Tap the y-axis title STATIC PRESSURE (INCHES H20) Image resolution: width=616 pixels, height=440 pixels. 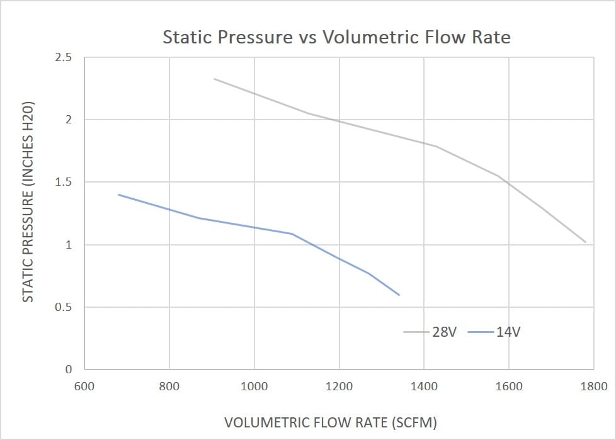[28, 201]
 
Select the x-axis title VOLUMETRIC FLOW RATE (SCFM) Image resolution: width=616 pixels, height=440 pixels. [331, 422]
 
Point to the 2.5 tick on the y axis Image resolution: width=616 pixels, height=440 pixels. [64, 58]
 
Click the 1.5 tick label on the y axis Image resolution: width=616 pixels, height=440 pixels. [64, 183]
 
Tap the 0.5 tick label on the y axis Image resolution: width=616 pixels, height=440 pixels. [64, 308]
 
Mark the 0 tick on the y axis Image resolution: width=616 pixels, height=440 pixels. [69, 369]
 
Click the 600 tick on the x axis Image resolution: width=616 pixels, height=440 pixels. [84, 386]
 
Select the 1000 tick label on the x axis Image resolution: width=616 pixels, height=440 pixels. [254, 386]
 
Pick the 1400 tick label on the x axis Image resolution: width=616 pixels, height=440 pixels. [424, 386]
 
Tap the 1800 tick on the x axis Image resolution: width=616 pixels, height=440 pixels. [593, 386]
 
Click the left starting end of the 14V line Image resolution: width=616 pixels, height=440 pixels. [119, 195]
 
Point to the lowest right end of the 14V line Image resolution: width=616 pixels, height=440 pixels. [399, 295]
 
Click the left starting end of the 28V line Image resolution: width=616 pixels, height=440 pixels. [214, 79]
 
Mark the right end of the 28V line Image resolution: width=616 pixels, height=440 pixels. [586, 242]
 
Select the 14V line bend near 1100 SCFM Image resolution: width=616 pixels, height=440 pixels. [292, 234]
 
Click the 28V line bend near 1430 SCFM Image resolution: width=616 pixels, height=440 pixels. [436, 146]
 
